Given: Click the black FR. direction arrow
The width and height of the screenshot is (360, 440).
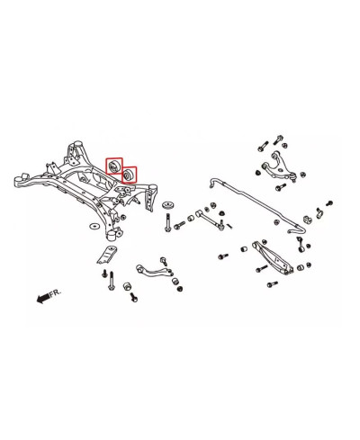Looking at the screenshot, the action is (x=42, y=298).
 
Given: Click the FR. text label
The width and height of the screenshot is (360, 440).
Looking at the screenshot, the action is (x=56, y=292).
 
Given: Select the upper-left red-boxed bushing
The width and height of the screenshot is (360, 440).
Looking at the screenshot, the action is (x=114, y=166).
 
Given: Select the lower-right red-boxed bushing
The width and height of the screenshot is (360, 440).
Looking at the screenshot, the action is (x=129, y=175).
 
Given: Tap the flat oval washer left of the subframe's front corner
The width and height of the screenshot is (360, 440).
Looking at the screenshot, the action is (x=95, y=226).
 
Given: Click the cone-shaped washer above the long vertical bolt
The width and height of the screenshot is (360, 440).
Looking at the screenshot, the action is (x=168, y=206).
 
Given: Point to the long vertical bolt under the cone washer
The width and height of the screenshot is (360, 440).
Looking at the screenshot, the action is (x=168, y=222).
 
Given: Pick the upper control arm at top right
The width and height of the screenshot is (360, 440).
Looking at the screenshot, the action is (x=276, y=166).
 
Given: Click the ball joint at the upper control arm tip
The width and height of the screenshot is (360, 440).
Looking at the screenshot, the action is (x=292, y=177).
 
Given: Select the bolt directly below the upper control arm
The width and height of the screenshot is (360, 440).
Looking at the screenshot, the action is (x=279, y=188).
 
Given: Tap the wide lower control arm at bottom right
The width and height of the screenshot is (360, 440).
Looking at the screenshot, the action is (x=273, y=257).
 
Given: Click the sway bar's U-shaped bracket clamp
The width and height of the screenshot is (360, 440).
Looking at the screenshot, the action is (x=308, y=220).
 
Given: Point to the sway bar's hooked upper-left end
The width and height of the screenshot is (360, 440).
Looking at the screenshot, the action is (x=213, y=183).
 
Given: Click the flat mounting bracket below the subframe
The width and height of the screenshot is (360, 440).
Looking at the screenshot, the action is (x=107, y=255).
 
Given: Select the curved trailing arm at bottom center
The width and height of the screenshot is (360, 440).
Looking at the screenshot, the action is (x=154, y=270).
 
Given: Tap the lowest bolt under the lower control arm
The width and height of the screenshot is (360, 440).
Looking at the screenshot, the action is (x=272, y=284).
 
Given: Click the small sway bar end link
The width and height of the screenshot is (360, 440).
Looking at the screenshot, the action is (x=301, y=244).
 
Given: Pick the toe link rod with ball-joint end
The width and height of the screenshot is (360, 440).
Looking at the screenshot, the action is (x=210, y=219).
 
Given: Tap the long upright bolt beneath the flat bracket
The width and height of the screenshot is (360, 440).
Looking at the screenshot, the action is (x=112, y=281).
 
